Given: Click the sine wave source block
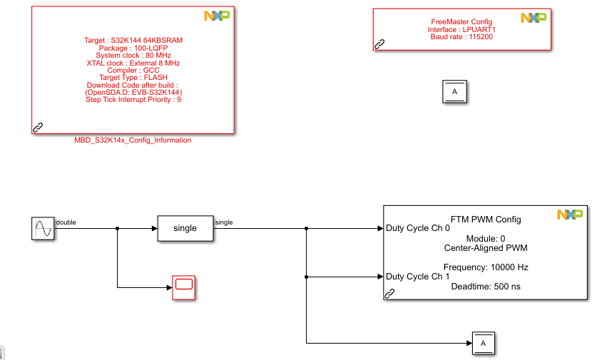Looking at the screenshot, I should click(42, 229).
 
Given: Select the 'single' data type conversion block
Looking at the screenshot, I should click(185, 228).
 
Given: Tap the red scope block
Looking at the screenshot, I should click(184, 287).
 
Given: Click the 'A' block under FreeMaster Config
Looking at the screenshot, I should click(455, 92).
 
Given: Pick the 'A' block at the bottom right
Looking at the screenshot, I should click(483, 344).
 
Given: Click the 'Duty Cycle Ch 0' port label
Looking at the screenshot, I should click(418, 229).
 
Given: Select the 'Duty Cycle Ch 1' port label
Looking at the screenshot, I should click(418, 277).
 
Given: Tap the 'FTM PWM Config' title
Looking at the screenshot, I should click(486, 220).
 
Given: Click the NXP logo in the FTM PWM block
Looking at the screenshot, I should click(570, 214).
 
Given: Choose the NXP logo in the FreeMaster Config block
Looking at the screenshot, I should click(534, 18).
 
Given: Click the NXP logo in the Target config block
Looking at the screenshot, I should click(217, 16).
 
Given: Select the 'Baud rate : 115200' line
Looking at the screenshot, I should click(461, 36).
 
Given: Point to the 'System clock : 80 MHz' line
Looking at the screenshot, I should click(133, 56).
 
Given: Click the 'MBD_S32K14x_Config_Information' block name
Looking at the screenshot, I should click(133, 140).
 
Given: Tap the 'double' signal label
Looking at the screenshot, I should click(66, 222).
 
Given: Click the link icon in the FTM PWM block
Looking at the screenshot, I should click(390, 293).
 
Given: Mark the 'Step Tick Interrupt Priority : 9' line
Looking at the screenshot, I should click(133, 100).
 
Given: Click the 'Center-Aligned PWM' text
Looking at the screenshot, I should click(485, 248).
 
